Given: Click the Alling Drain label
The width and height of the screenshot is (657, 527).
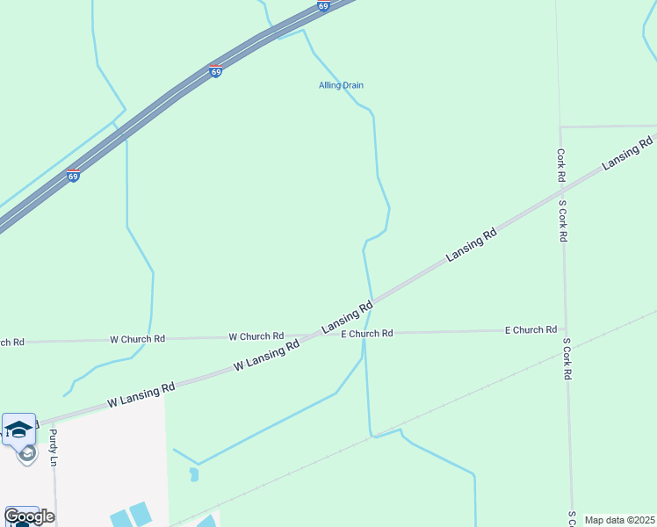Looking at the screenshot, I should point(341,85).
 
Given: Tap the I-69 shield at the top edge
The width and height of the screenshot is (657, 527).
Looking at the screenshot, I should point(323,5).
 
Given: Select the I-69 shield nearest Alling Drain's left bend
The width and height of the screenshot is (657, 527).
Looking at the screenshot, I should point(215,70).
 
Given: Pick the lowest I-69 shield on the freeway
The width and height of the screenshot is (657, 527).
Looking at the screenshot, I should point(74,176).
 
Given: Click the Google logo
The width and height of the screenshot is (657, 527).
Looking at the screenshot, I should point(28,516).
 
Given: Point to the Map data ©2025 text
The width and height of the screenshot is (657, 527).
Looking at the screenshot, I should point(618,520).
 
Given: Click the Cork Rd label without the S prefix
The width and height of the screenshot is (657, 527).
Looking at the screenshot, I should point(560,165).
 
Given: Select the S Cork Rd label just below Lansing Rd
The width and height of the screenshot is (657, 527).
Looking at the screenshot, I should point(565,221).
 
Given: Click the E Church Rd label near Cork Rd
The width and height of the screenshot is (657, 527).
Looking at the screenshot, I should point(531,330).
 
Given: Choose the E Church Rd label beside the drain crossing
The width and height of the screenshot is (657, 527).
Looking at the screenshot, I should point(366,334).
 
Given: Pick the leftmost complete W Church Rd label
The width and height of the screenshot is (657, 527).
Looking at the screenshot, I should point(137,339).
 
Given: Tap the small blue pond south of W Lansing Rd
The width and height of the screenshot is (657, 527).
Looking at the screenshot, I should point(193,474).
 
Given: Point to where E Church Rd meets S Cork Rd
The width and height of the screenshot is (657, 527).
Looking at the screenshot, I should point(567,330).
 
